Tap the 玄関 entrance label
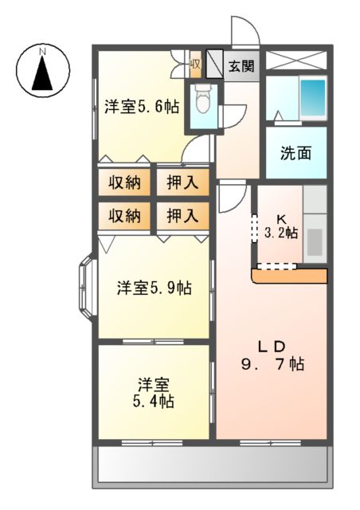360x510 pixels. point(242,66)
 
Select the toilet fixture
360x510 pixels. point(202,101)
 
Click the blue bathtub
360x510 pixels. point(313,98)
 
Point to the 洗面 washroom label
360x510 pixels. point(295,153)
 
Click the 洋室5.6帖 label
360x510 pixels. point(141,107)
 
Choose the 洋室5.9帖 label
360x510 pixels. point(154,287)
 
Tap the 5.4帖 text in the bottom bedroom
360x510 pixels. point(153,401)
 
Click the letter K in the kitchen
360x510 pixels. point(281,218)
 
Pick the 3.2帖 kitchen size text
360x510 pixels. point(281,233)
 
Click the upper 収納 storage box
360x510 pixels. point(124,182)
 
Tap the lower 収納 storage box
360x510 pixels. point(124,215)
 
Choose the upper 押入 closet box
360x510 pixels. point(182,182)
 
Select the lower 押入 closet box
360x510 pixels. point(182,215)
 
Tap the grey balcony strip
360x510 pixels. point(212,466)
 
